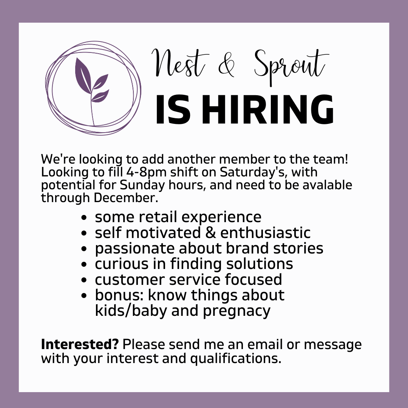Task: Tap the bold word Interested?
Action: (x=80, y=345)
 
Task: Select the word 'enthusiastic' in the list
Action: (x=265, y=233)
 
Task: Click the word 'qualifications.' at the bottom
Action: (x=236, y=358)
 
